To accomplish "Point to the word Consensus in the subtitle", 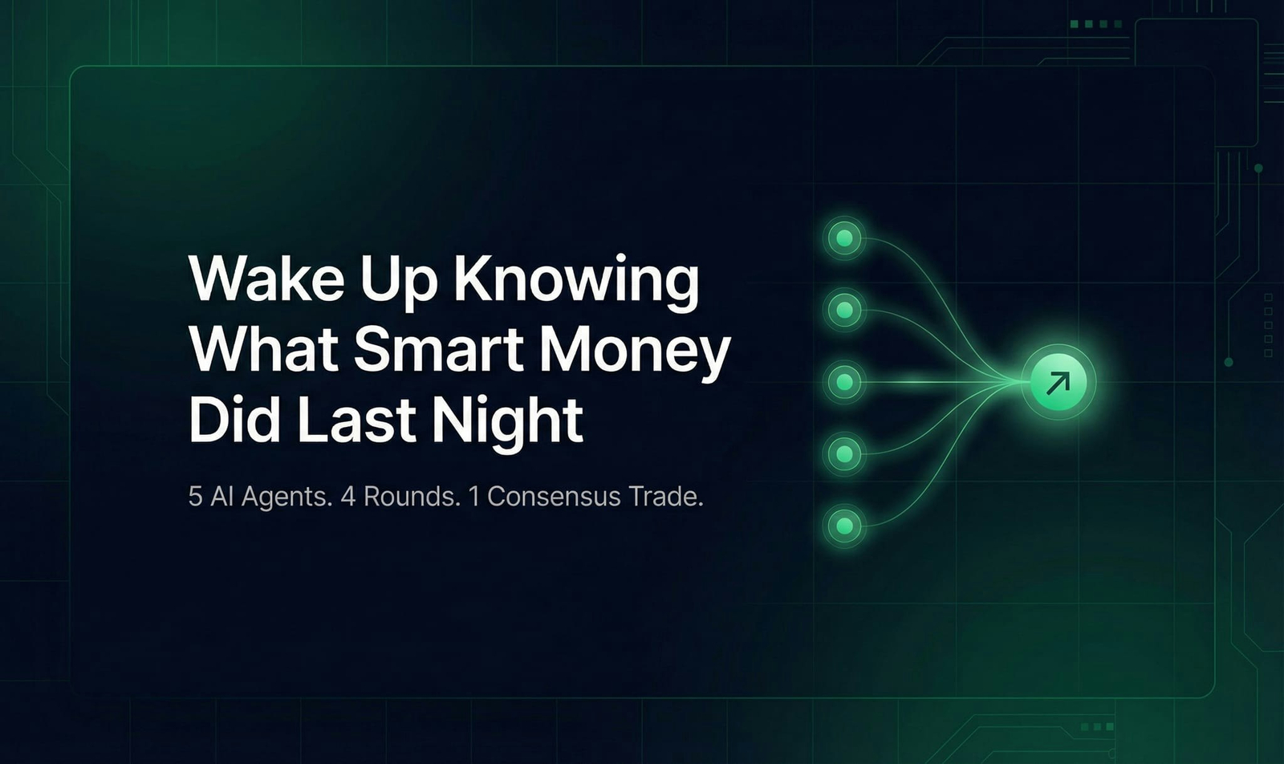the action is [554, 496].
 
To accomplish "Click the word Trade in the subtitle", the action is [665, 496].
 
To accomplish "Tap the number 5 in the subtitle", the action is [195, 496].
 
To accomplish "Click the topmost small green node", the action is [844, 238].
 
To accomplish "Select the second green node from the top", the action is [844, 310].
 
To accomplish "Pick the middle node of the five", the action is [844, 382].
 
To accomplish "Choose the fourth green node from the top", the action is [844, 454].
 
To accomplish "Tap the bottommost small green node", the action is [844, 526].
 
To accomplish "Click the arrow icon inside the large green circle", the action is [1058, 382].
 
